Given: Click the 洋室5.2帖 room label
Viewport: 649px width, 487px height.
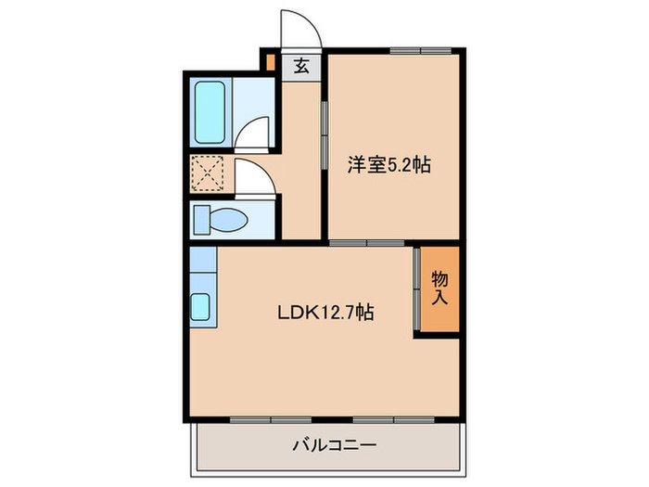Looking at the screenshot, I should pyautogui.click(x=389, y=165).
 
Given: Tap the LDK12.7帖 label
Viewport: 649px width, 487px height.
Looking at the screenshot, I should pyautogui.click(x=325, y=313).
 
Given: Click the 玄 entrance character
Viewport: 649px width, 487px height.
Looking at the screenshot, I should pyautogui.click(x=301, y=67).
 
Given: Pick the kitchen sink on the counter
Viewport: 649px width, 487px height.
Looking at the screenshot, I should pyautogui.click(x=201, y=307).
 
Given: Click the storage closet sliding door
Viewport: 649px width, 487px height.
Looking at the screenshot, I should pyautogui.click(x=416, y=288).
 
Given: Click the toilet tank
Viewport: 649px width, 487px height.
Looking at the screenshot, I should pyautogui.click(x=201, y=221).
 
